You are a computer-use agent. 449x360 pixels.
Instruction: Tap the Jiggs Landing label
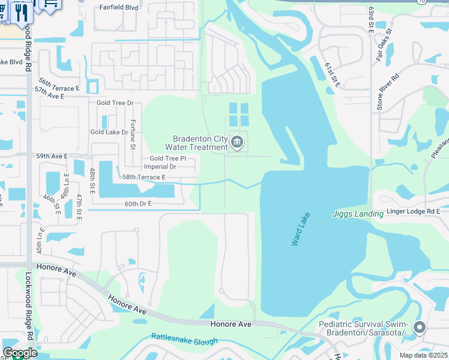click(358, 214)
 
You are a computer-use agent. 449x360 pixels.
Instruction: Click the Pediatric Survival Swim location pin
click(420, 328)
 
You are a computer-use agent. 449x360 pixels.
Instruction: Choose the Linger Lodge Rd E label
click(412, 211)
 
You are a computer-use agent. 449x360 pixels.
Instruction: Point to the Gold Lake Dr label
click(109, 131)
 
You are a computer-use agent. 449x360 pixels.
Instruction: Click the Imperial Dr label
click(160, 167)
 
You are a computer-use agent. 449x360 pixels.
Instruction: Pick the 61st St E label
click(332, 74)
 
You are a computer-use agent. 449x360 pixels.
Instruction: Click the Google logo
click(20, 352)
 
